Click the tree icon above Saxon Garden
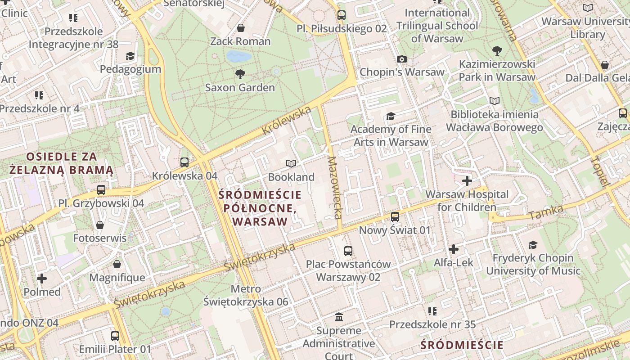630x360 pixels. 240,74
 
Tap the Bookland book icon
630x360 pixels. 291,163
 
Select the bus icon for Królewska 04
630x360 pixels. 184,162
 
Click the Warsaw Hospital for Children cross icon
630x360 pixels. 467,181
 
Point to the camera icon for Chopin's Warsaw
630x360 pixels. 402,59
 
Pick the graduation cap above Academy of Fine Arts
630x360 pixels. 390,117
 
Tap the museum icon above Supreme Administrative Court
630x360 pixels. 339,317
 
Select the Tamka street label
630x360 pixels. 546,212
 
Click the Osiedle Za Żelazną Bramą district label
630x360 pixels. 62,163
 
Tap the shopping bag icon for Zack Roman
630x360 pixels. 241,28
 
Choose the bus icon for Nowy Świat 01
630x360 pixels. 395,217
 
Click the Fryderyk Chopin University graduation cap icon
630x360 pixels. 533,245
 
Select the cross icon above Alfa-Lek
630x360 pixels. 454,249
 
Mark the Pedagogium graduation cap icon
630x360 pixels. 130,56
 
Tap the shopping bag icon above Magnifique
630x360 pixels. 117,264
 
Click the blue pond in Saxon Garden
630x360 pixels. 239,56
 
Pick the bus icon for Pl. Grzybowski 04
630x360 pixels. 101,190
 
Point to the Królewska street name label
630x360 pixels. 287,120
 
